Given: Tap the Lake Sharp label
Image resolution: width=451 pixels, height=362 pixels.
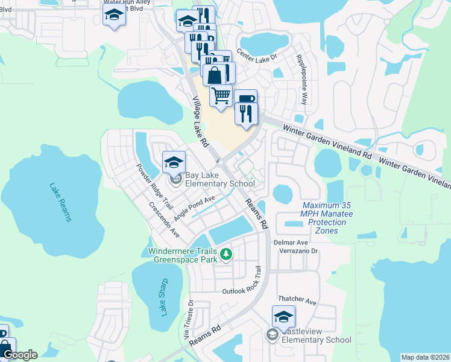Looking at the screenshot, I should point(163,299).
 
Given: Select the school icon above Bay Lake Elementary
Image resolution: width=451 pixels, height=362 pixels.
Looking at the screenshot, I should point(174,162).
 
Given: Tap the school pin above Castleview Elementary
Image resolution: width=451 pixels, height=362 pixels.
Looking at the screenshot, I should point(283,316).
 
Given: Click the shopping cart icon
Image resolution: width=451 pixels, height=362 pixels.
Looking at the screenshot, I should point(221,95).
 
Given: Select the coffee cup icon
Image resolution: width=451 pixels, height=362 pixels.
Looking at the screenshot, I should point(246,98).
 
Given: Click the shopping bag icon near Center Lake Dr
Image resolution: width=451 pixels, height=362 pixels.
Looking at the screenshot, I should point(215,75).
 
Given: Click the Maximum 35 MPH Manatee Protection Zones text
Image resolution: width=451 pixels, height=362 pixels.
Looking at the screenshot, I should point(327,218).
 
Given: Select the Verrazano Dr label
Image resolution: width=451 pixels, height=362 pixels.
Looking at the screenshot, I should point(297,251).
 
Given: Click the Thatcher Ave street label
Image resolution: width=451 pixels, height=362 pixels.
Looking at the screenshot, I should point(297,300).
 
